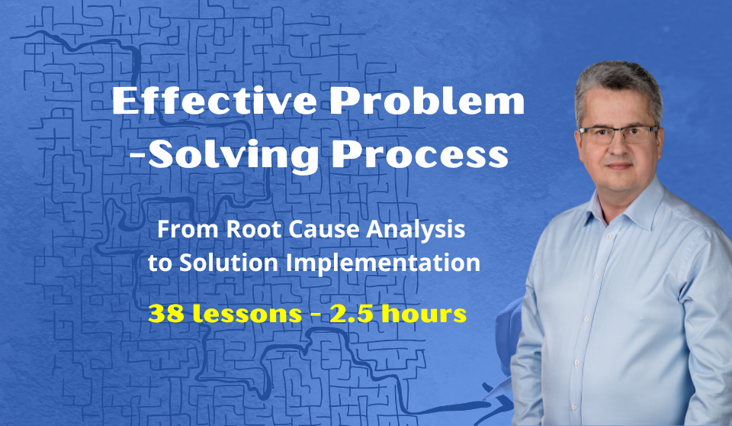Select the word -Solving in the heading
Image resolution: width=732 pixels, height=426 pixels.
click(223, 156)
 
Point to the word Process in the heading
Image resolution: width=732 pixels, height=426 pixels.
click(419, 155)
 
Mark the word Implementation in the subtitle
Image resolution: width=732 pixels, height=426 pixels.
click(383, 263)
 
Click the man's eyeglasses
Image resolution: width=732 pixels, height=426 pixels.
click(619, 134)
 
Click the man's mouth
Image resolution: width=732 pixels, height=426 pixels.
click(619, 166)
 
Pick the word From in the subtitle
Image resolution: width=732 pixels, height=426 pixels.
click(188, 230)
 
